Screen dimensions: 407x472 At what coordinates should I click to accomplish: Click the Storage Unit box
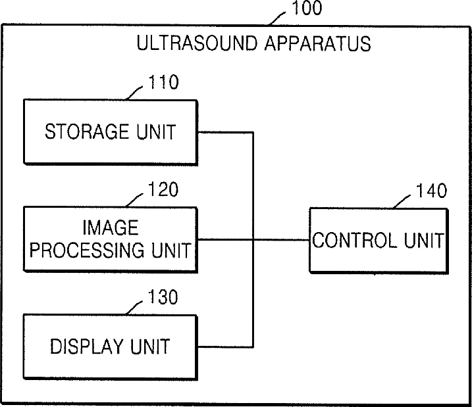point(110,132)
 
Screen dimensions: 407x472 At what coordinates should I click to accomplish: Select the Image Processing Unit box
point(110,239)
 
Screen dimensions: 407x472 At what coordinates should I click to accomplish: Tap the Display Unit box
point(110,346)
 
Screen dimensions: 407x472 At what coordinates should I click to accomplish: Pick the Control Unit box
point(378,240)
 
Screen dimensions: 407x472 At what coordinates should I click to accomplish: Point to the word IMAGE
point(110,228)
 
